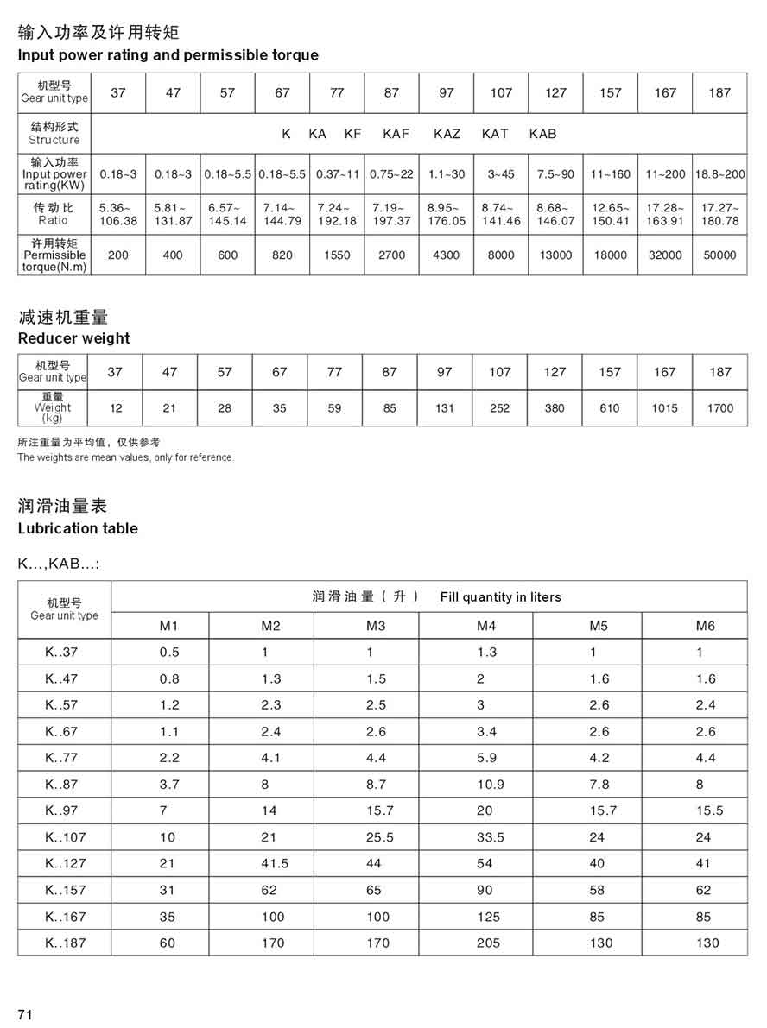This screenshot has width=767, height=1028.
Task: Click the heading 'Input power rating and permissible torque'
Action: click(168, 55)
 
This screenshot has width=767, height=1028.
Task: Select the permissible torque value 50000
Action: click(719, 255)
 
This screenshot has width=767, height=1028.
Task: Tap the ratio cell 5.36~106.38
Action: click(118, 214)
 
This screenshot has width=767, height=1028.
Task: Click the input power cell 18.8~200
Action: click(719, 174)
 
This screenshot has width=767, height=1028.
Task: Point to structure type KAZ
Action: click(447, 134)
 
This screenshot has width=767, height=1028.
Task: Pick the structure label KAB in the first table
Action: click(542, 134)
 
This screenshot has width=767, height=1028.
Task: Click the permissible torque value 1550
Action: click(337, 255)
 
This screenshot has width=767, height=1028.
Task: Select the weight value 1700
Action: click(719, 408)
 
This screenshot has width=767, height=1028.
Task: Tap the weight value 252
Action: click(499, 408)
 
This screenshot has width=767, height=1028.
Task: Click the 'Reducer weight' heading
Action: click(74, 338)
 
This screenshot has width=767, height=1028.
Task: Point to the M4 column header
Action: click(486, 626)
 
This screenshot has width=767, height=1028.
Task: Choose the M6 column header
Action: click(706, 626)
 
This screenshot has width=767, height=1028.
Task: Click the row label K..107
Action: click(66, 837)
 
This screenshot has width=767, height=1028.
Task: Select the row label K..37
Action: click(61, 653)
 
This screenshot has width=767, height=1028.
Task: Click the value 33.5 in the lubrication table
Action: click(490, 837)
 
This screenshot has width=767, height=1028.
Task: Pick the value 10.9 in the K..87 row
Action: click(490, 785)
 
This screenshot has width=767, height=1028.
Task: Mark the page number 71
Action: click(25, 1015)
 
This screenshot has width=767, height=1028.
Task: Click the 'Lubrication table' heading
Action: click(78, 528)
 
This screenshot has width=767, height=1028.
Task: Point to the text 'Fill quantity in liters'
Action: click(500, 597)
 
